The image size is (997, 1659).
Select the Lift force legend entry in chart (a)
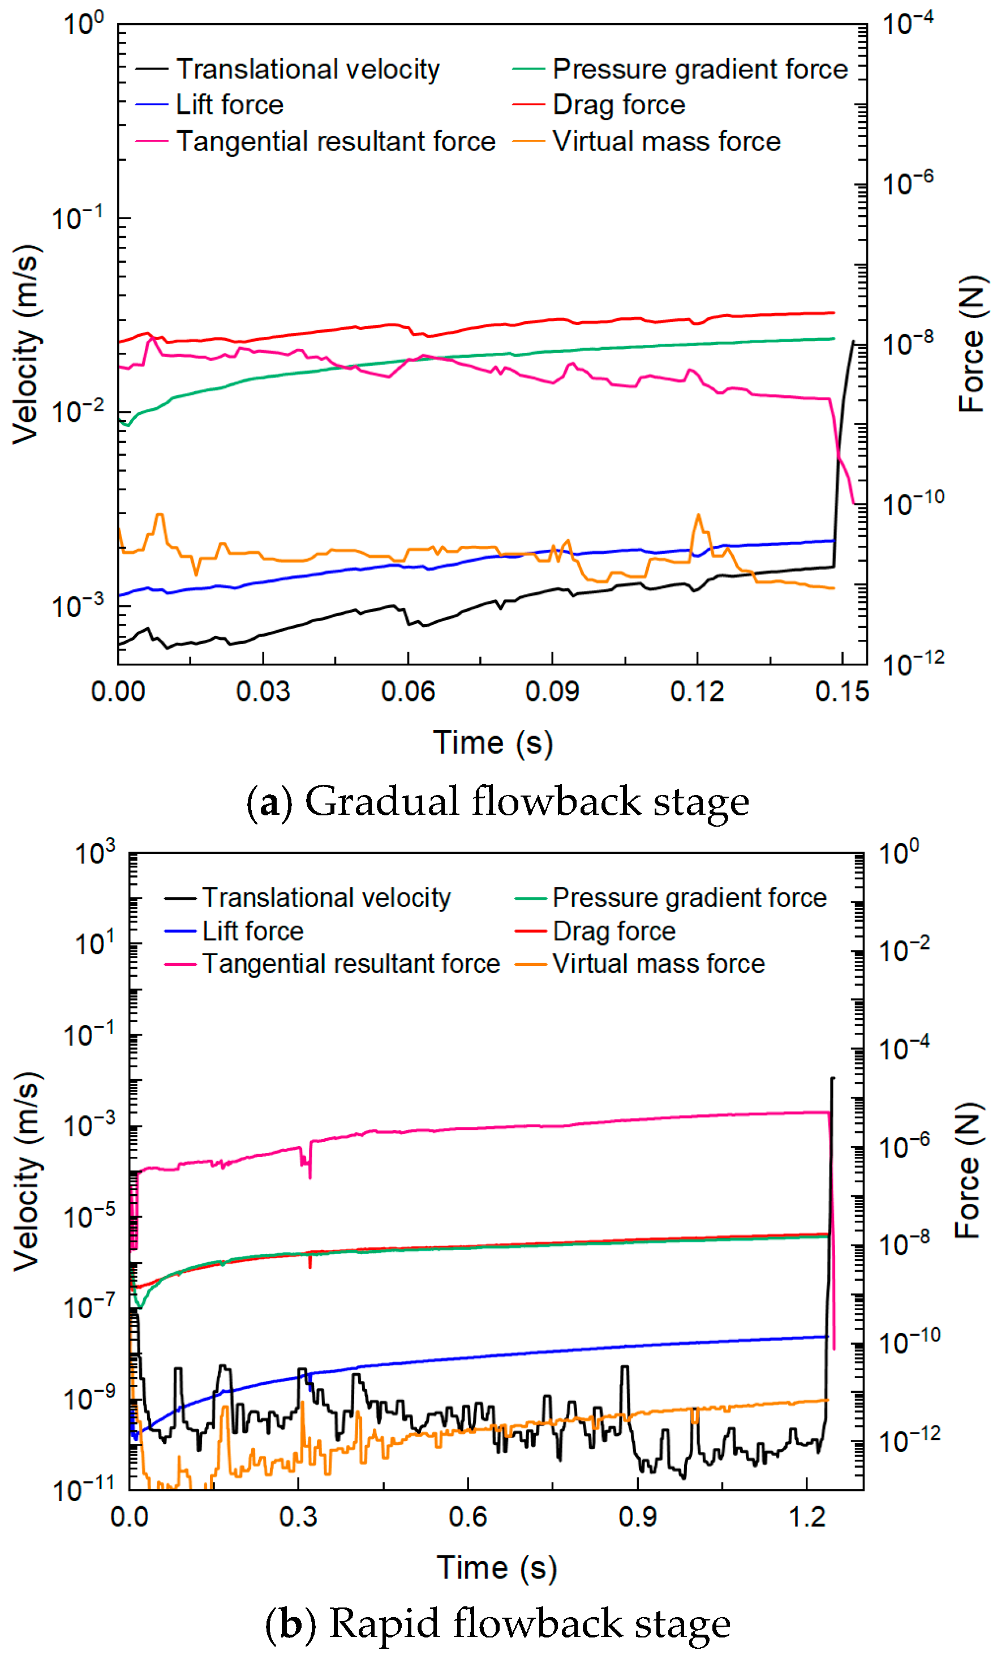pyautogui.click(x=229, y=105)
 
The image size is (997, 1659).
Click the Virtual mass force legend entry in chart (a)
pyautogui.click(x=666, y=141)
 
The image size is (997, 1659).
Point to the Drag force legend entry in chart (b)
pyautogui.click(x=613, y=931)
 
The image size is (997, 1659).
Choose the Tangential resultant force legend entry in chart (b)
pyautogui.click(x=351, y=963)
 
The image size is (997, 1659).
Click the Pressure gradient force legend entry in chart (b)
pyautogui.click(x=689, y=897)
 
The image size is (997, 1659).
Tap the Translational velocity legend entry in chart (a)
pyautogui.click(x=307, y=69)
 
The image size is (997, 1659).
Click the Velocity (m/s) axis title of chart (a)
pyautogui.click(x=27, y=344)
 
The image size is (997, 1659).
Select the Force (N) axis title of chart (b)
pyautogui.click(x=968, y=1170)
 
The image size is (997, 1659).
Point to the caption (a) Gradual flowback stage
pyautogui.click(x=497, y=801)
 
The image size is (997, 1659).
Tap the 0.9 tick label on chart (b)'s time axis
pyautogui.click(x=637, y=1516)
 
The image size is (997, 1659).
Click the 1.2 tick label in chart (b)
pyautogui.click(x=806, y=1516)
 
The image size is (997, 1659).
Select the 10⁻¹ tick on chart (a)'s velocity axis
pyautogui.click(x=78, y=219)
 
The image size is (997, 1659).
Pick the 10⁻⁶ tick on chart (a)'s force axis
pyautogui.click(x=908, y=183)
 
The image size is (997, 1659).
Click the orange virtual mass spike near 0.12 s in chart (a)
pyautogui.click(x=699, y=516)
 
